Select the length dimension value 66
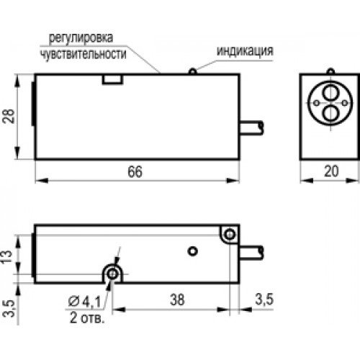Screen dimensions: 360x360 click(x=135, y=173)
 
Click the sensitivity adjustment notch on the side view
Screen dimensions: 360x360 click(x=112, y=79)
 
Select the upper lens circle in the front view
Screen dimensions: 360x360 click(x=328, y=96)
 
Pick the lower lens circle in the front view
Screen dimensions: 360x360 click(x=328, y=112)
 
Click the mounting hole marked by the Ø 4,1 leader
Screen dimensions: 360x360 click(x=112, y=273)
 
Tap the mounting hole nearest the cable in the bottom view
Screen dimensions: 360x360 click(x=229, y=235)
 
